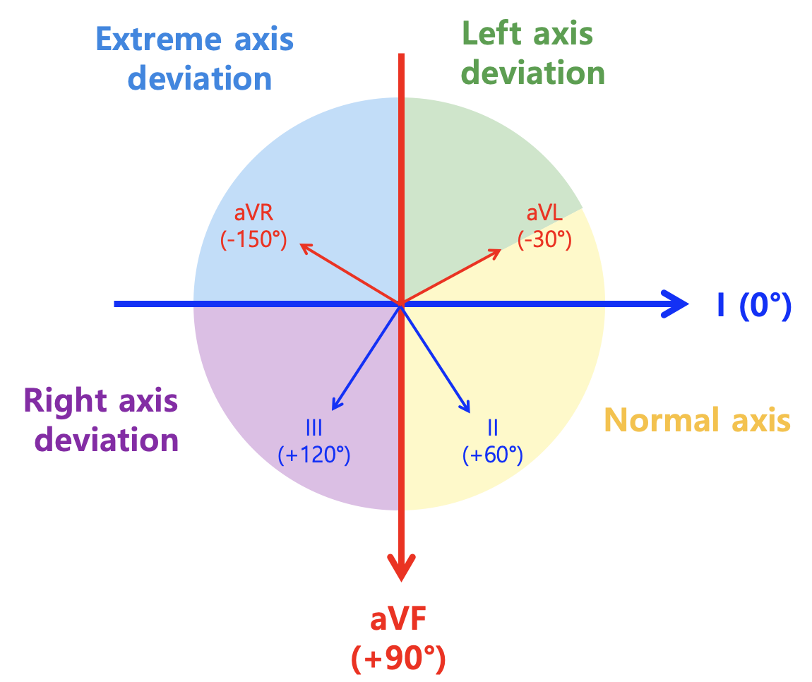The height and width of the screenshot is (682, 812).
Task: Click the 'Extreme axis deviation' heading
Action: (x=195, y=59)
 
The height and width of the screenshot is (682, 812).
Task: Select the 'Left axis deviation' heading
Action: (x=532, y=54)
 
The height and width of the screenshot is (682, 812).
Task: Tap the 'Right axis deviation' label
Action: (x=101, y=421)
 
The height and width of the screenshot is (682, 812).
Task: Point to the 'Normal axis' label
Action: (x=697, y=419)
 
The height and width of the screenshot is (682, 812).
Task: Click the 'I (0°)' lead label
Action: (x=754, y=306)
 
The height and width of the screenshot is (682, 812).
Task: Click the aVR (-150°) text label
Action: (x=253, y=227)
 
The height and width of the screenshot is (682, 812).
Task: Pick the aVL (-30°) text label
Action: (x=545, y=227)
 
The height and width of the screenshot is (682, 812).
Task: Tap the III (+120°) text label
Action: (x=314, y=442)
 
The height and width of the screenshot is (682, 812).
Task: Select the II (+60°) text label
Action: (x=492, y=442)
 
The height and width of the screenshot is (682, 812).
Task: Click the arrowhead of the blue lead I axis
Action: (x=675, y=304)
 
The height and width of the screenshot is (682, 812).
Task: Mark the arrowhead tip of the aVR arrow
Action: (x=301, y=244)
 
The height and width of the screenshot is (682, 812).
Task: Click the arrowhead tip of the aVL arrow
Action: (x=501, y=250)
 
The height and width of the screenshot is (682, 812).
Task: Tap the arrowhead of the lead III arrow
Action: (x=333, y=410)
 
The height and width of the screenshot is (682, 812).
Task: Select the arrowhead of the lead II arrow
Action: (x=470, y=413)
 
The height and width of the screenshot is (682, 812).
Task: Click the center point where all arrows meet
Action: (x=401, y=304)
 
